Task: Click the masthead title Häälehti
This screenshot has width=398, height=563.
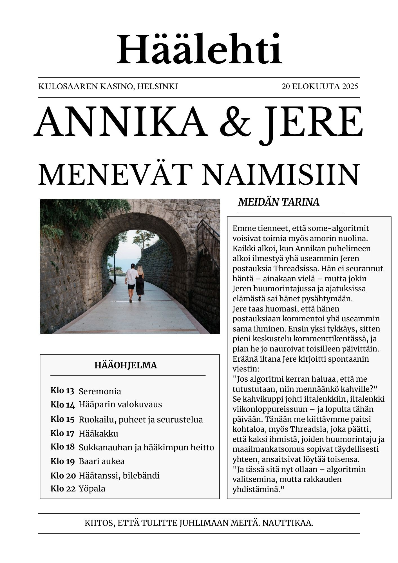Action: coord(199,50)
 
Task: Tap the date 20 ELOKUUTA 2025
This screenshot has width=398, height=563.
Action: coord(320,86)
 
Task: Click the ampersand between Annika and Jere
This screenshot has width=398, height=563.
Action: coord(235,122)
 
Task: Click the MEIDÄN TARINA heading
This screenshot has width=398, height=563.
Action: coord(279,202)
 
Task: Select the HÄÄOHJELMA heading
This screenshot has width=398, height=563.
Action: coord(126,365)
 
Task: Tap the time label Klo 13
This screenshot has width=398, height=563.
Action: coord(62,391)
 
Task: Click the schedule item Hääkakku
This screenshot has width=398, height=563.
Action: coord(98,433)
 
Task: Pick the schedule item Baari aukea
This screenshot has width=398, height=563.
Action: coord(101,461)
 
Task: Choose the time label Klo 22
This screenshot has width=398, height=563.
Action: coord(63,489)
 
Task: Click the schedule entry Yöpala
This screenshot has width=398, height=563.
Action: coord(92,489)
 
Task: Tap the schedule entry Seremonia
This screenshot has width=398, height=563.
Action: coord(100,391)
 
